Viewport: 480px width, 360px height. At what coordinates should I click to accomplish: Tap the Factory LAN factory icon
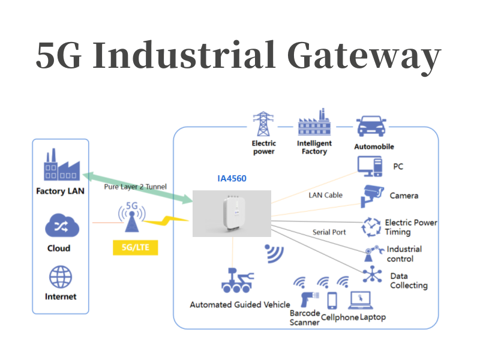click(x=60, y=166)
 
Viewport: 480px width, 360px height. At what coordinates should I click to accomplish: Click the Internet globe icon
click(x=60, y=277)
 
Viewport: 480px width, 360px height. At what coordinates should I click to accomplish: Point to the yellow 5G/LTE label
click(x=135, y=247)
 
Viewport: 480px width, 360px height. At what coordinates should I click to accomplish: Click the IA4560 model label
click(x=232, y=178)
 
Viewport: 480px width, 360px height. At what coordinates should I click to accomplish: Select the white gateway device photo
click(x=232, y=214)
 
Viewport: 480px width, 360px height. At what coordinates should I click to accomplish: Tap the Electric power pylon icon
click(x=263, y=124)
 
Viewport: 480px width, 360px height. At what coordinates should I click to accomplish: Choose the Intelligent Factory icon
click(x=314, y=124)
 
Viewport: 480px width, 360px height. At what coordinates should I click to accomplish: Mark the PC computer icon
click(x=370, y=166)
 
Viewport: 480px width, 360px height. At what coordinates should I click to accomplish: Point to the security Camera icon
click(x=372, y=196)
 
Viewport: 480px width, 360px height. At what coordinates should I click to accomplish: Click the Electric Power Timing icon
click(x=371, y=227)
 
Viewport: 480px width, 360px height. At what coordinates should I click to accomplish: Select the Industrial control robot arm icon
click(x=371, y=254)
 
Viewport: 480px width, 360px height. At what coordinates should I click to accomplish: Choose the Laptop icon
click(x=362, y=299)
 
